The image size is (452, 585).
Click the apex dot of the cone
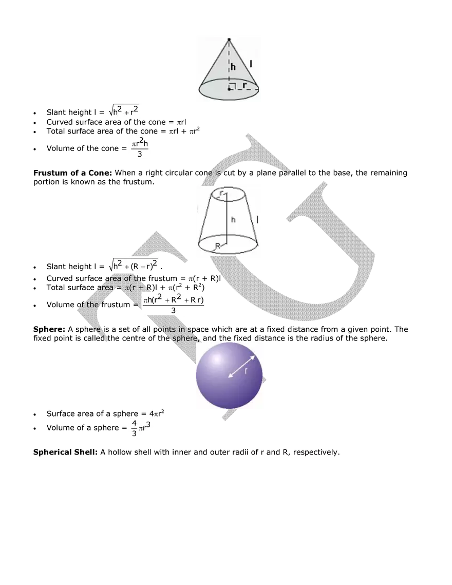(x=229, y=40)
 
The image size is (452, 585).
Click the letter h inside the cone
(x=233, y=66)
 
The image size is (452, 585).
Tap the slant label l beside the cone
(x=251, y=64)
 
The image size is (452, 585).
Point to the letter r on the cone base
(x=244, y=85)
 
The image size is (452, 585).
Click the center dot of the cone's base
(x=229, y=89)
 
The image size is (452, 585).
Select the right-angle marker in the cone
(x=232, y=86)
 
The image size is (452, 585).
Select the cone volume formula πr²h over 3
(x=139, y=147)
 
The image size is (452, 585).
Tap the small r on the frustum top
(x=221, y=193)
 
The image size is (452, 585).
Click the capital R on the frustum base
(x=218, y=246)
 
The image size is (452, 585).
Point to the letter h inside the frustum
(x=233, y=220)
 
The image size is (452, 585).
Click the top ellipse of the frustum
(x=228, y=195)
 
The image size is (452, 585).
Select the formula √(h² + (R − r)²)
(x=134, y=265)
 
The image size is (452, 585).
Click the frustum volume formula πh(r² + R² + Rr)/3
(x=174, y=304)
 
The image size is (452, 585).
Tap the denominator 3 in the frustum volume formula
(x=173, y=311)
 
